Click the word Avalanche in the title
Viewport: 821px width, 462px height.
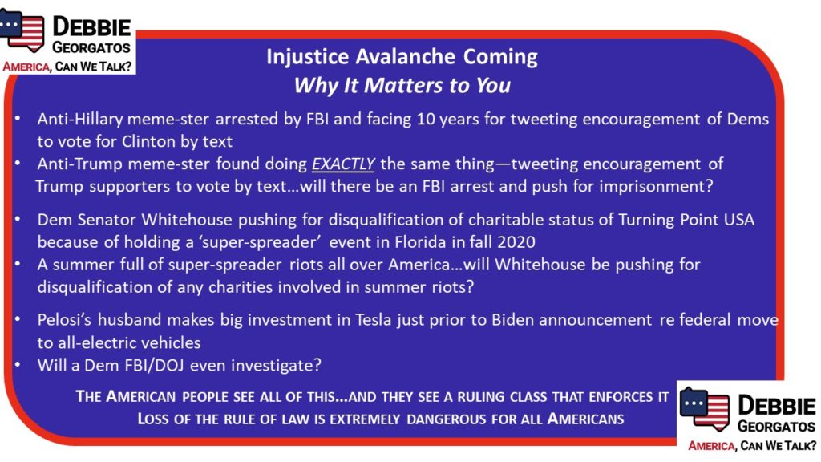click(405, 57)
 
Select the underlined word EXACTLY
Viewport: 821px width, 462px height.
click(343, 164)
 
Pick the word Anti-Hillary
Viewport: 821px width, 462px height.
click(79, 120)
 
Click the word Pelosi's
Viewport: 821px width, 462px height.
click(65, 319)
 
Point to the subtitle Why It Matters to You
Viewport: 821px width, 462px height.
click(402, 85)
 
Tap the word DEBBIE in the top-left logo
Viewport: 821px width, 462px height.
click(91, 27)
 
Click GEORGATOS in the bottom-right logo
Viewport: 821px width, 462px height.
click(776, 427)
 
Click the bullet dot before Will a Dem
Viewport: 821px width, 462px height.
click(18, 364)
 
